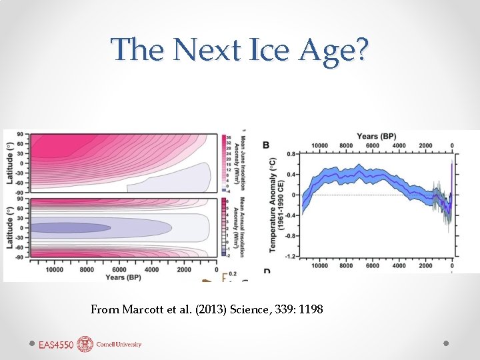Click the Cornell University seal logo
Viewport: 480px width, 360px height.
pos(85,344)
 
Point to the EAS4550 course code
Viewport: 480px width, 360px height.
pos(56,345)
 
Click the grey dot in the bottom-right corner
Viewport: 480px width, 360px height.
pos(446,343)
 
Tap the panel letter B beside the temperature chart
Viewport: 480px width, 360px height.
pos(266,145)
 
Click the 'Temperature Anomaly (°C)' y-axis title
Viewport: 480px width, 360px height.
pos(273,205)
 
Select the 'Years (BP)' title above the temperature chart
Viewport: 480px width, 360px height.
pos(377,137)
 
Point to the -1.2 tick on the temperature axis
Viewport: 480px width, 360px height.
pos(291,255)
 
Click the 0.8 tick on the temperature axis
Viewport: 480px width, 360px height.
pos(292,154)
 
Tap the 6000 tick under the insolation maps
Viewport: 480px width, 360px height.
pos(119,269)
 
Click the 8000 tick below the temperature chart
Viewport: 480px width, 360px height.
pos(346,265)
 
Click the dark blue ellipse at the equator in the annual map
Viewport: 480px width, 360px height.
pos(70,227)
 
